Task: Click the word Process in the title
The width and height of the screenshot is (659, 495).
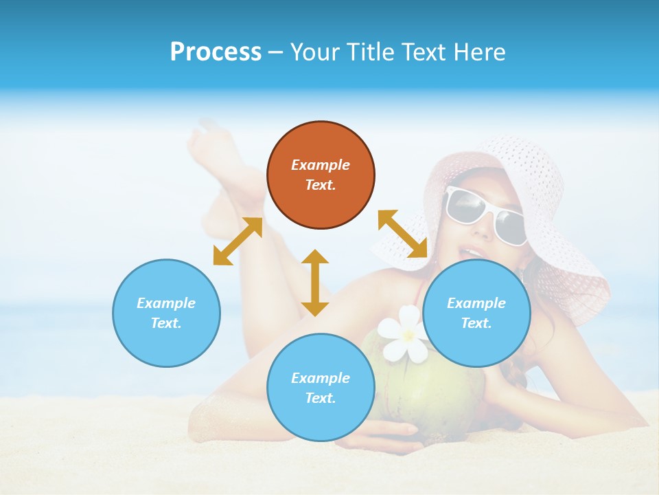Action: pos(216,52)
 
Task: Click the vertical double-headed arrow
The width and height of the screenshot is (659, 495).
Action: pos(315,283)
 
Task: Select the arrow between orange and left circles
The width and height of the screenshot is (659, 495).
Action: pos(238,241)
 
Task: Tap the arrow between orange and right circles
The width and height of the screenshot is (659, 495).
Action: pos(402,234)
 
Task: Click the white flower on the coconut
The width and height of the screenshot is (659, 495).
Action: pos(406,333)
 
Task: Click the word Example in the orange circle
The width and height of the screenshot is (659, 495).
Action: pos(321,165)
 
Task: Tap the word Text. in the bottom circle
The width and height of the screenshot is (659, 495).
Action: pos(321,398)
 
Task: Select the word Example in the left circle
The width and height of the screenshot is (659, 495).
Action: pos(166,303)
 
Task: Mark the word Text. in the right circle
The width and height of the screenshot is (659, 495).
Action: pos(476,323)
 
